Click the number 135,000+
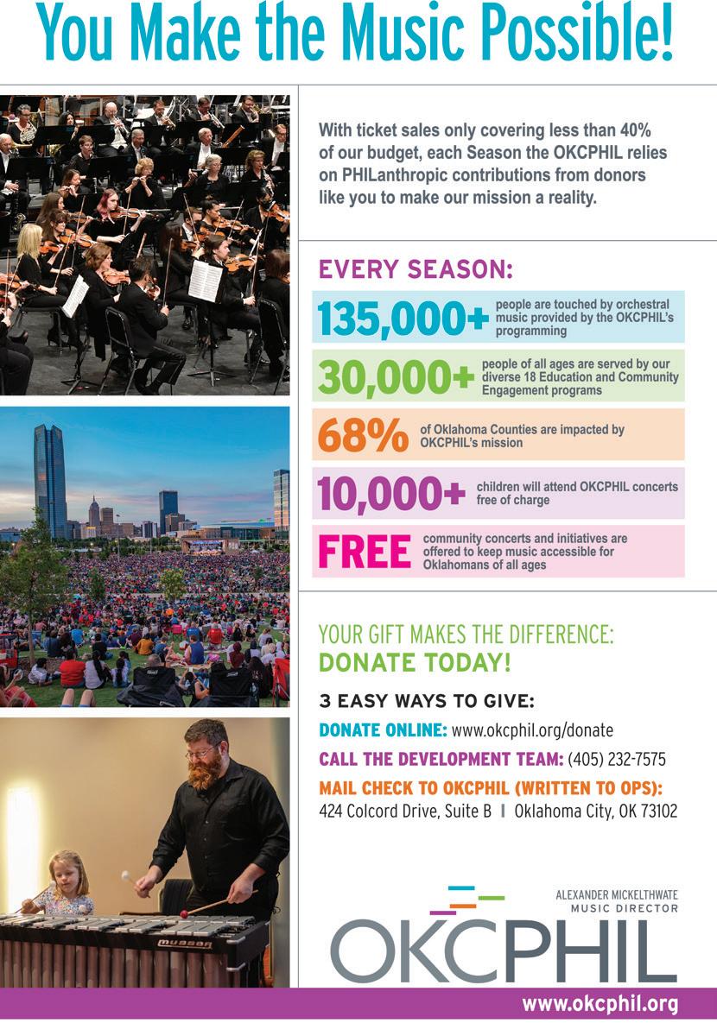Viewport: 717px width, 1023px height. [x=403, y=318]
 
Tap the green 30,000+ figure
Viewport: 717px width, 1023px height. [x=396, y=376]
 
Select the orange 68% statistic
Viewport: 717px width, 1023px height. [x=363, y=434]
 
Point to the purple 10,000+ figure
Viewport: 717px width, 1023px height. [x=391, y=493]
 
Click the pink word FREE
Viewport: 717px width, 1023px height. [x=364, y=552]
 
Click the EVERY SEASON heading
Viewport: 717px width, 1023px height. [x=416, y=270]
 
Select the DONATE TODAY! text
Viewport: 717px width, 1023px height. [x=415, y=663]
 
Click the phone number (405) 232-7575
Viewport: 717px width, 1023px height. [x=617, y=760]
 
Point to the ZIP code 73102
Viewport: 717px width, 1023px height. [x=658, y=811]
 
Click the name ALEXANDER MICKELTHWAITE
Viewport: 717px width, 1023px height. [x=617, y=896]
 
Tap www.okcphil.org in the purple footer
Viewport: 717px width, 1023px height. [x=600, y=1004]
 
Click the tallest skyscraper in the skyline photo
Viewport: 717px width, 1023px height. [x=50, y=479]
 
